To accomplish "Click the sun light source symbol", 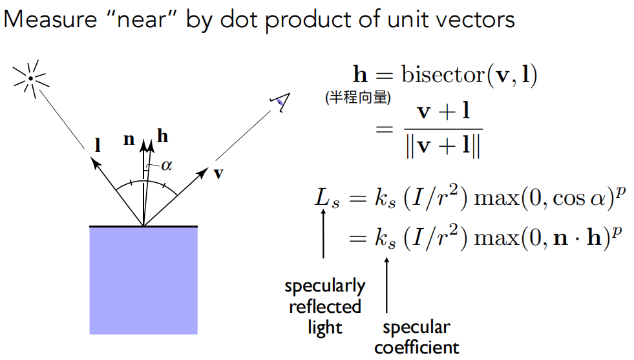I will coord(30,78).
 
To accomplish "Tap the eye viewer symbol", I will coord(280,100).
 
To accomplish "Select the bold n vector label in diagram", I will coord(129,138).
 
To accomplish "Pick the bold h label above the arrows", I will coord(162,136).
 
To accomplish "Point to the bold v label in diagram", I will coord(219,174).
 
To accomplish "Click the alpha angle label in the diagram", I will coord(167,165).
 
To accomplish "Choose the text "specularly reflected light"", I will coord(324,306).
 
